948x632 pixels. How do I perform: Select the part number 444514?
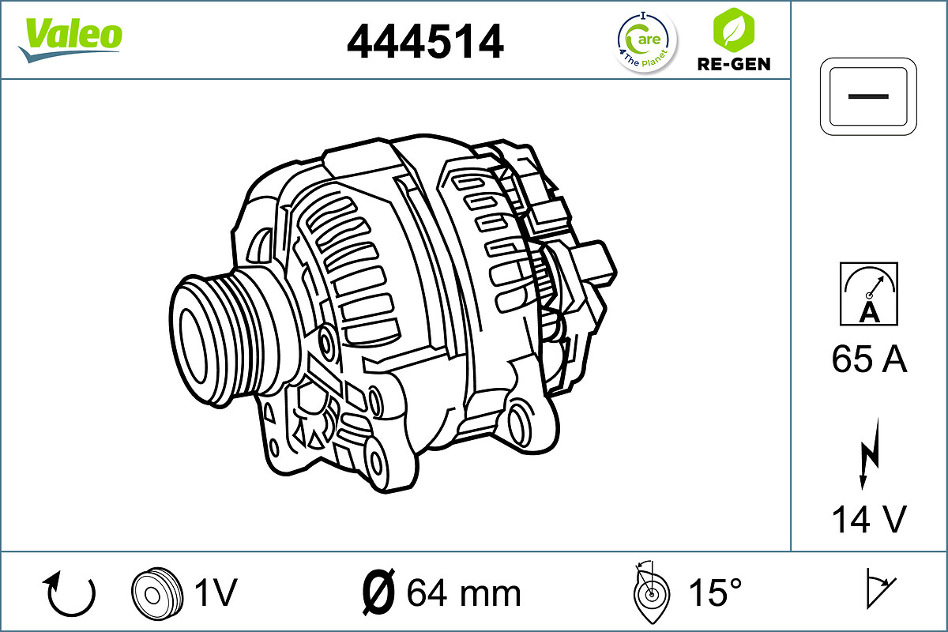tap(425, 41)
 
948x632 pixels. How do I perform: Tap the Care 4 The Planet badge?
tap(646, 41)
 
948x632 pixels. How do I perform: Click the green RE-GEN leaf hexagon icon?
tap(732, 29)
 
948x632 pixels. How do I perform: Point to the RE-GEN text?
tap(733, 64)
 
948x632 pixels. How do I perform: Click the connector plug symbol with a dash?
tap(869, 95)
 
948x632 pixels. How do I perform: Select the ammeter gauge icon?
tap(869, 294)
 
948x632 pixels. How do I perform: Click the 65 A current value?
tap(869, 359)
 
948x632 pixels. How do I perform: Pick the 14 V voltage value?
tap(869, 519)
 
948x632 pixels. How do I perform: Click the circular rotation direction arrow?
tap(71, 594)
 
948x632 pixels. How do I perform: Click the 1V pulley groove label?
tap(215, 592)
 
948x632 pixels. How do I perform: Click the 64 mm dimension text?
tap(464, 592)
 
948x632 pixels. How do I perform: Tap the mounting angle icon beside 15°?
tap(651, 592)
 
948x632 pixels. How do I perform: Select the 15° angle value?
tap(714, 592)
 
